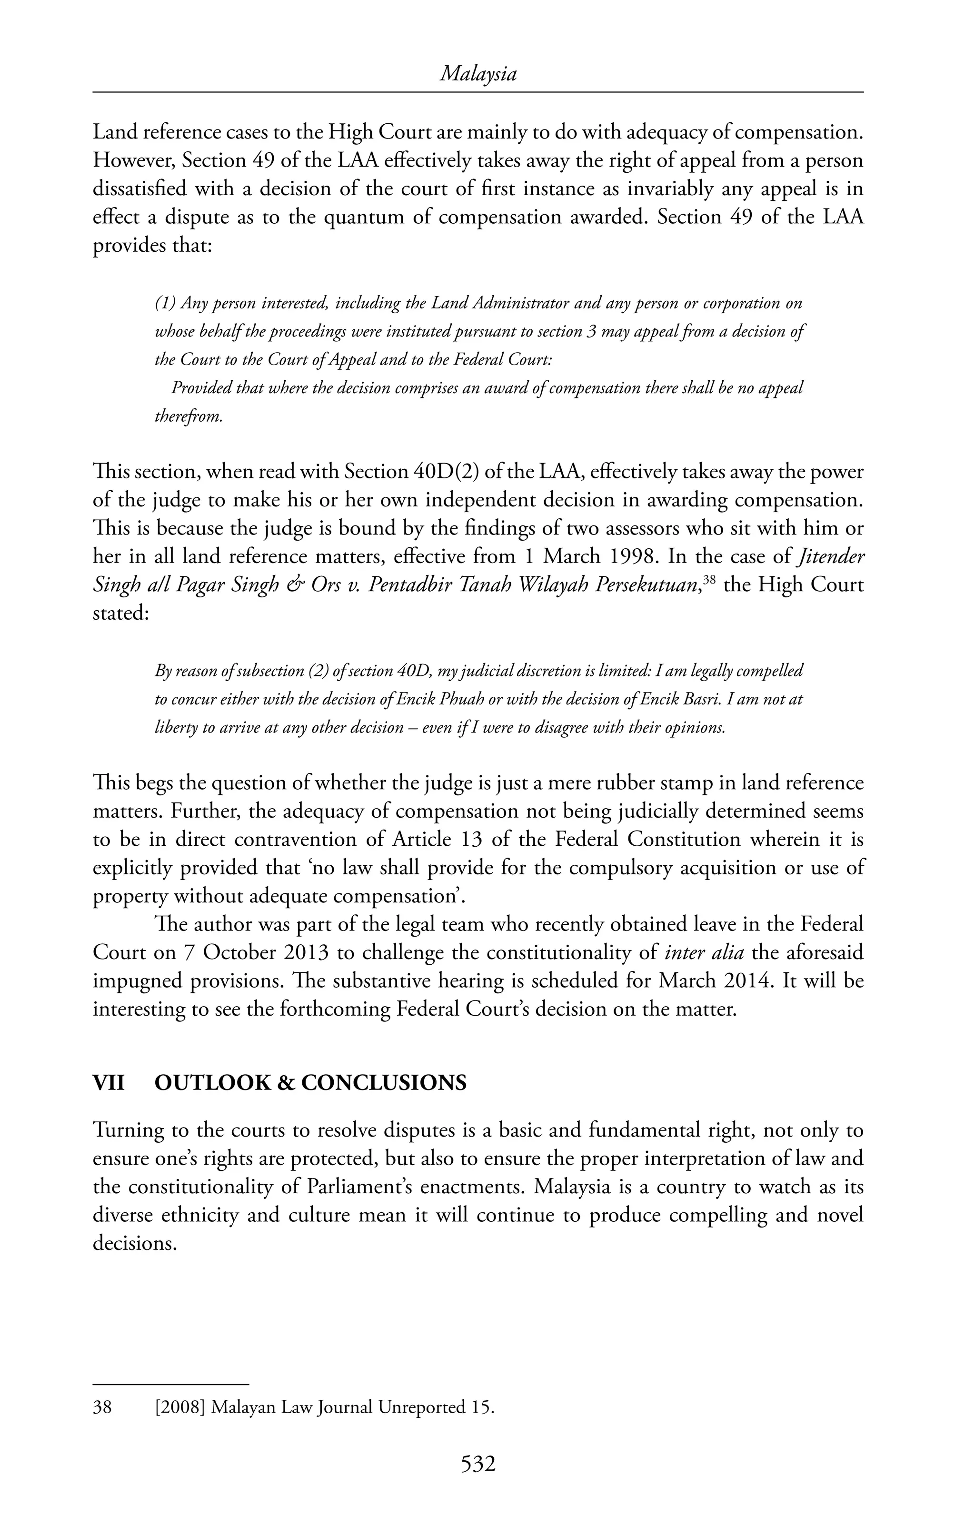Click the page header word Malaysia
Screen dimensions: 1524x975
(478, 75)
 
